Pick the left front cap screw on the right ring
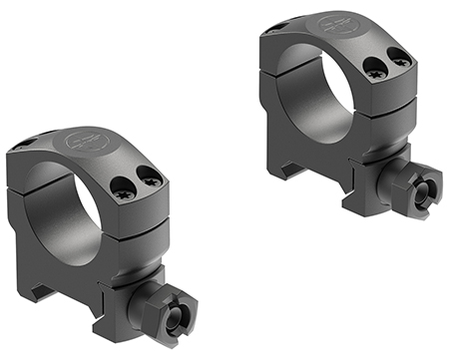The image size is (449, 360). click(x=375, y=69)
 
